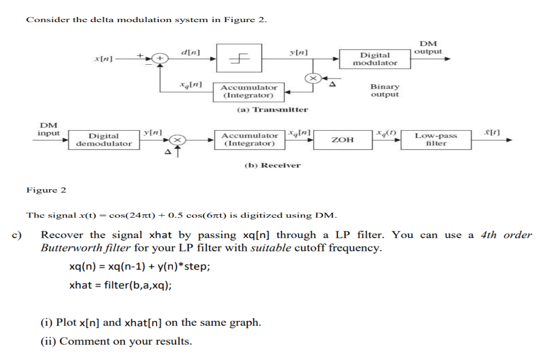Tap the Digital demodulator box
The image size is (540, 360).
click(x=104, y=140)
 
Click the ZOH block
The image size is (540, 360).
click(x=342, y=140)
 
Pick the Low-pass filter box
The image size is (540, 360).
click(x=436, y=140)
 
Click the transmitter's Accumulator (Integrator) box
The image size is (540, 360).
click(x=249, y=92)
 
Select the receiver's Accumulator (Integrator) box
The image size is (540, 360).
click(x=249, y=140)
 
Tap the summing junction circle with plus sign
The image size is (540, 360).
click(x=160, y=59)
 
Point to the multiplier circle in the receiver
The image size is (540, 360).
click(x=178, y=140)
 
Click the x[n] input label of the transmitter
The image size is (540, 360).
click(x=102, y=58)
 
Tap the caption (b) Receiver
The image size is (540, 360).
click(x=273, y=165)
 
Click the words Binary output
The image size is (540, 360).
click(x=385, y=90)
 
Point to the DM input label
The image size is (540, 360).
click(x=49, y=129)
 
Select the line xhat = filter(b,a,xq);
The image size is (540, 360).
click(x=121, y=285)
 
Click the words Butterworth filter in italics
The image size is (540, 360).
click(x=86, y=248)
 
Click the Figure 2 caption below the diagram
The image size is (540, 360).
click(x=46, y=190)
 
